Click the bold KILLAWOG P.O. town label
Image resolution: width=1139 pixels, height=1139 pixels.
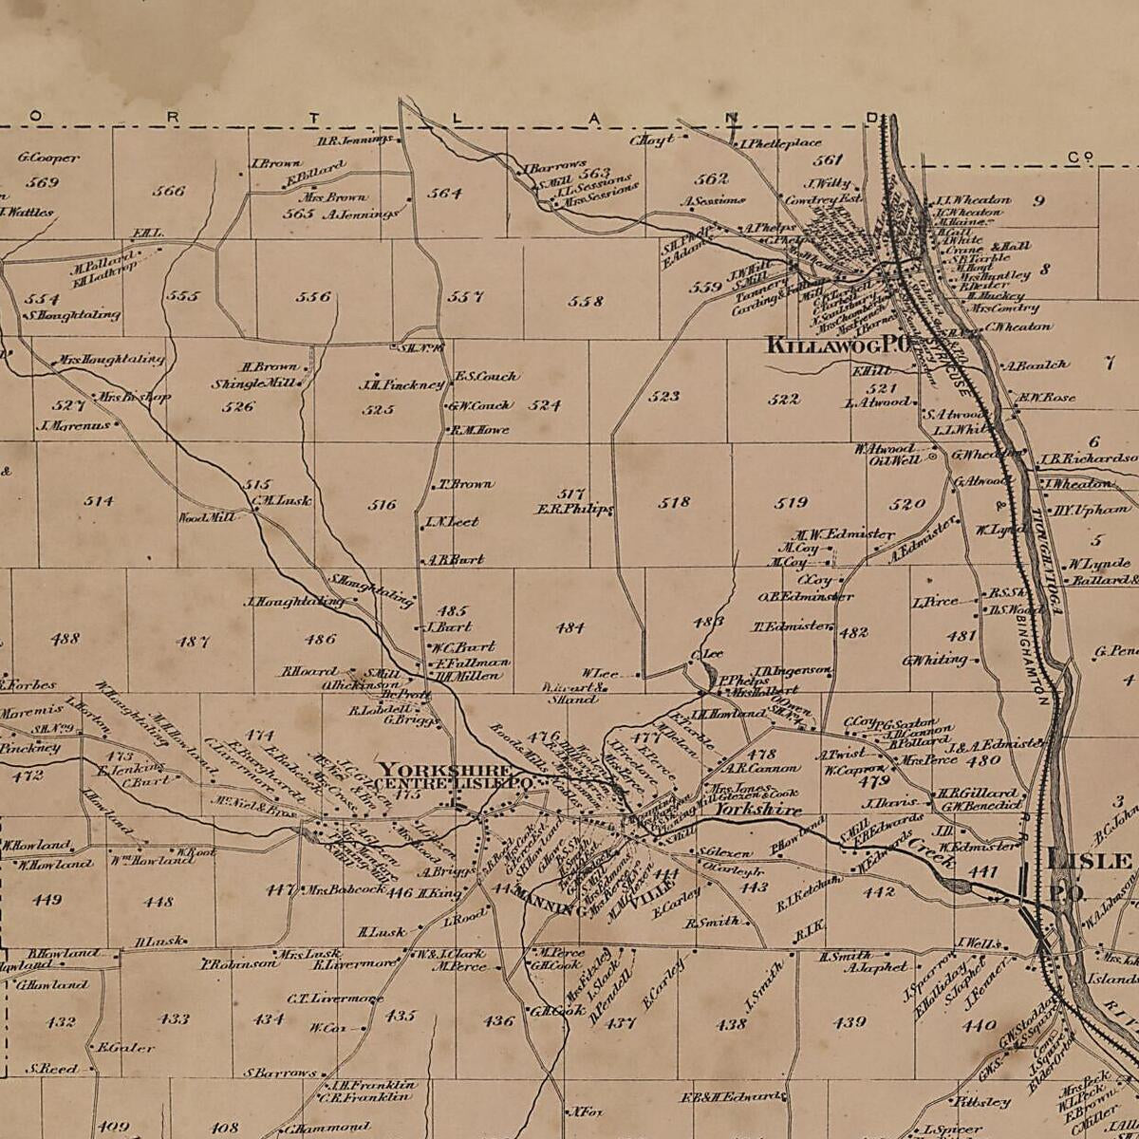tap(839, 345)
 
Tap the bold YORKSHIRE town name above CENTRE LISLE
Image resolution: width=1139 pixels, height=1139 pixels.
tap(445, 769)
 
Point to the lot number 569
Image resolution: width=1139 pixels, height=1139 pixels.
tap(43, 182)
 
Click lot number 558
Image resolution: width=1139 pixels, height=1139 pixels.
tap(586, 301)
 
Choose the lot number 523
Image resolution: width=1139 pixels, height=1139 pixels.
tap(664, 396)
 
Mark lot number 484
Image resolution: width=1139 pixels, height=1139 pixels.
tap(570, 627)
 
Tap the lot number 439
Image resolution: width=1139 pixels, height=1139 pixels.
tap(849, 1022)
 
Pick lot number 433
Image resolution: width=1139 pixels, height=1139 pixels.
tap(174, 1018)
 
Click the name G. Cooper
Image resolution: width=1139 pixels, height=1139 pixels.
tap(48, 158)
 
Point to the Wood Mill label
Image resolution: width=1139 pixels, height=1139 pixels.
tap(206, 517)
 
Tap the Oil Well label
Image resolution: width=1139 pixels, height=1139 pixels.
tap(894, 460)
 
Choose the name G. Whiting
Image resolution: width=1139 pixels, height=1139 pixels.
tap(935, 660)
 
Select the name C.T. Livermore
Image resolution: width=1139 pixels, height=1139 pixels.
tap(334, 998)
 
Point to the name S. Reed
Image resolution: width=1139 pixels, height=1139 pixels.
tap(53, 1069)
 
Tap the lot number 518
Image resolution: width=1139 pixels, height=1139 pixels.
tap(674, 501)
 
